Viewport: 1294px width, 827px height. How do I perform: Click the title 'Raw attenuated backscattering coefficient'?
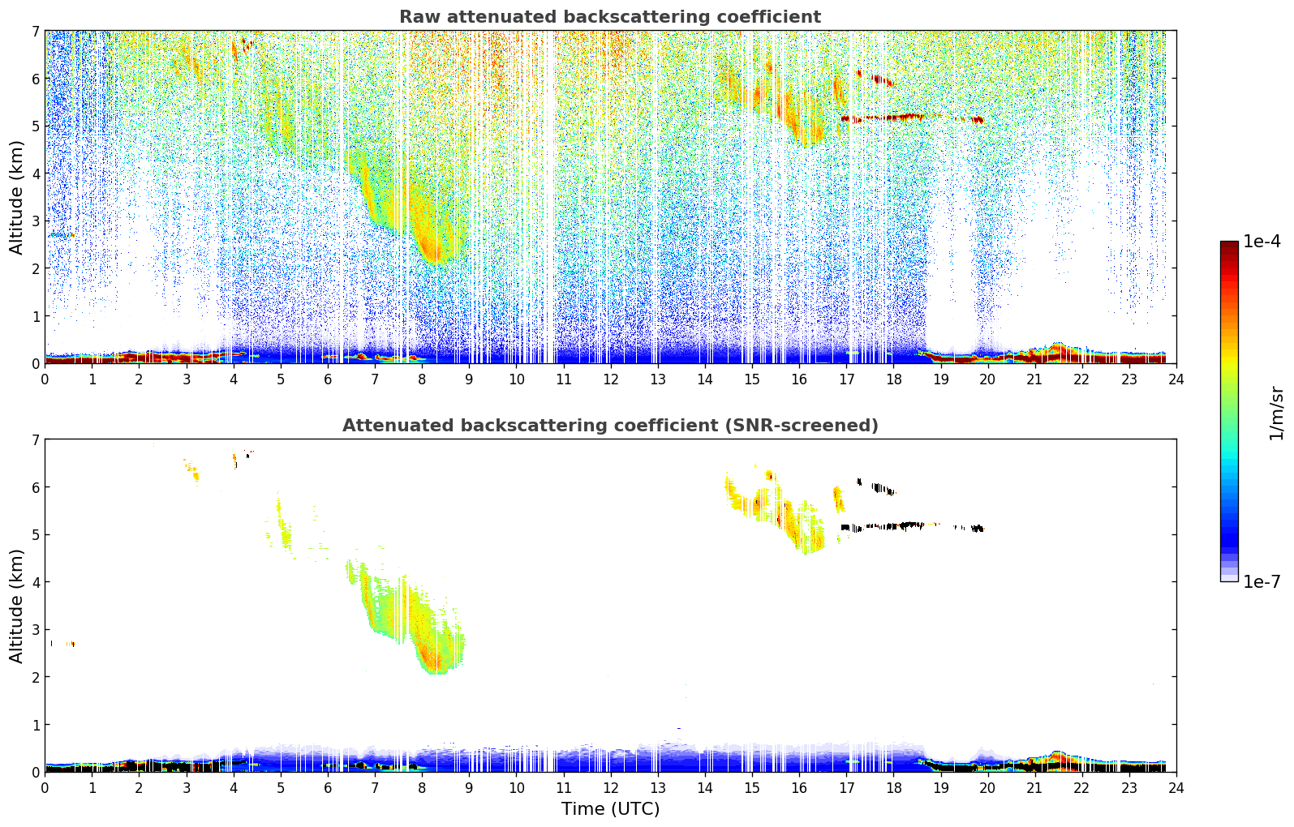[609, 17]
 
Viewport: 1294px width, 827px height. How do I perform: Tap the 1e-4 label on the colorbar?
[1262, 242]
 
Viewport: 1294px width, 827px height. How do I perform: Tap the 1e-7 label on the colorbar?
[1262, 581]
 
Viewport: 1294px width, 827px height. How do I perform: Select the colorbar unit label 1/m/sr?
[1276, 413]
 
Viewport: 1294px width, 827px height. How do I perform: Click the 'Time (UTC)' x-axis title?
[610, 809]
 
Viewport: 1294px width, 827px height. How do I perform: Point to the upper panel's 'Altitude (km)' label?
[17, 197]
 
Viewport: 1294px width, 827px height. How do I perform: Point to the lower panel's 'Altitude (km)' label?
[17, 606]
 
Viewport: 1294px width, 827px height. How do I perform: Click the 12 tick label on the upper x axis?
[610, 379]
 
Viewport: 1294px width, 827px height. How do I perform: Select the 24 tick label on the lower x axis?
[1176, 787]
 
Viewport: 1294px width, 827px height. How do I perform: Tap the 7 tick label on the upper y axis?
[35, 32]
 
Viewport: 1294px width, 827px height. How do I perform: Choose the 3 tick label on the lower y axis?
[35, 630]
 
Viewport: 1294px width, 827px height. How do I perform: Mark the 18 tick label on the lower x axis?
[893, 787]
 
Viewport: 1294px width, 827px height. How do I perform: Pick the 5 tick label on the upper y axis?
[35, 126]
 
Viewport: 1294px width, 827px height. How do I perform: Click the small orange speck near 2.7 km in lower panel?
[70, 644]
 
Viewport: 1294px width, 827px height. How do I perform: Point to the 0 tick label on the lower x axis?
[45, 787]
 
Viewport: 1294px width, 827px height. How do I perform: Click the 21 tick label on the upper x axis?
[1034, 379]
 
